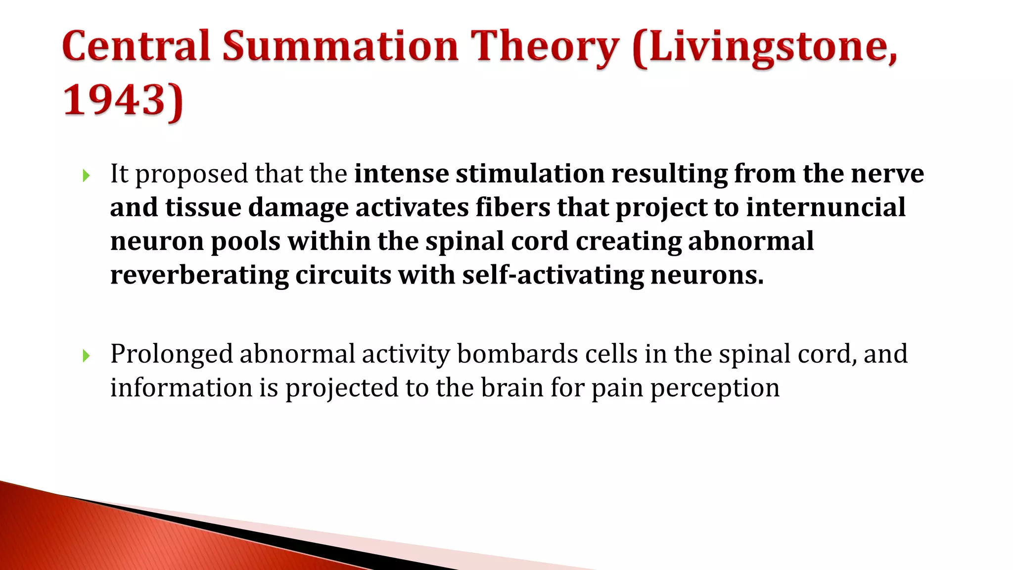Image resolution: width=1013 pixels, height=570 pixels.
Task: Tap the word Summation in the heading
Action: click(340, 46)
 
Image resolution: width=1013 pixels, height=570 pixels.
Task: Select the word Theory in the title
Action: click(544, 47)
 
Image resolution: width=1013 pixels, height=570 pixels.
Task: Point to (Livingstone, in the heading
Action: click(764, 47)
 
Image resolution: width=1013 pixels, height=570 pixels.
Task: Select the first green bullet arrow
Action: click(86, 175)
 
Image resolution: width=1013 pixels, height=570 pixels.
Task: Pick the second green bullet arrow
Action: click(86, 355)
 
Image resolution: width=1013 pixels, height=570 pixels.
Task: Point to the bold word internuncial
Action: click(826, 207)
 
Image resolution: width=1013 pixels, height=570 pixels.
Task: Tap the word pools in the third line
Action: click(245, 242)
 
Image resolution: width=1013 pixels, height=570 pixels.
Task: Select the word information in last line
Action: click(181, 388)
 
